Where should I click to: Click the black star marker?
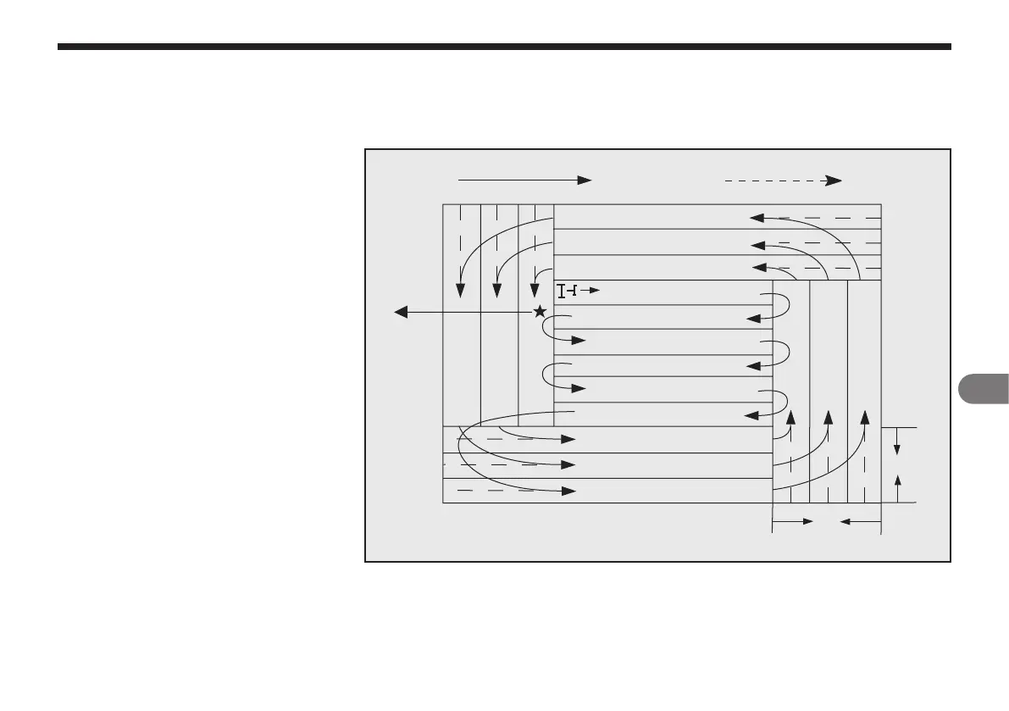pyautogui.click(x=540, y=312)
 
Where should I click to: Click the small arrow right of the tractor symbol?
pyautogui.click(x=591, y=292)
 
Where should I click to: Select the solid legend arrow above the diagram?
pyautogui.click(x=524, y=180)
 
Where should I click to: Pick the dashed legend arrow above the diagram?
pyautogui.click(x=782, y=180)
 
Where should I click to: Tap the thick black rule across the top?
pyautogui.click(x=504, y=47)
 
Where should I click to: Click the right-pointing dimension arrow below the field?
pyautogui.click(x=793, y=523)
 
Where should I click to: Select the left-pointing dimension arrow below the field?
pyautogui.click(x=859, y=523)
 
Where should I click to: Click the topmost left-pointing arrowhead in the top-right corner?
pyautogui.click(x=757, y=218)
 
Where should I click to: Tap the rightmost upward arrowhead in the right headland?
pyautogui.click(x=865, y=417)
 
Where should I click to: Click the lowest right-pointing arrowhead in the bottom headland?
pyautogui.click(x=569, y=491)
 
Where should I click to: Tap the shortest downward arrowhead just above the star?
pyautogui.click(x=535, y=289)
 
